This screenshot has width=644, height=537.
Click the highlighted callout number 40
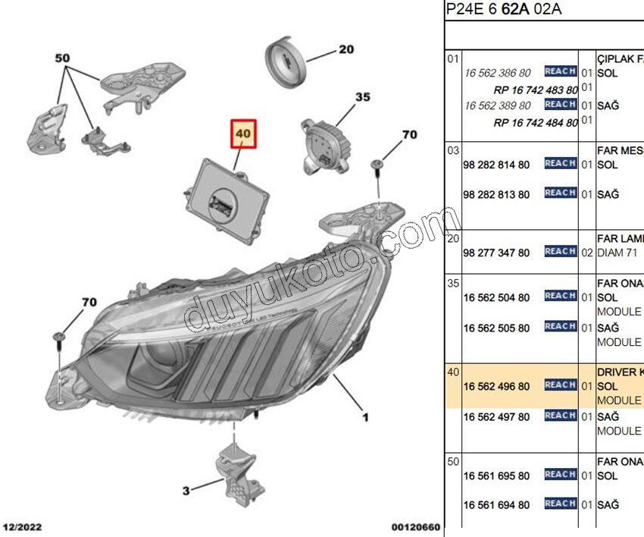pyautogui.click(x=244, y=133)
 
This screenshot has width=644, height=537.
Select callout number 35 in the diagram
pyautogui.click(x=363, y=97)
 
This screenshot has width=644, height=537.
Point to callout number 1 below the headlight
pyautogui.click(x=364, y=416)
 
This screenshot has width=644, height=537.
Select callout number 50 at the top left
pyautogui.click(x=62, y=58)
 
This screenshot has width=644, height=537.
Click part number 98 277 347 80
pyautogui.click(x=496, y=253)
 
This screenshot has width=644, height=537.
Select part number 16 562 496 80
pyautogui.click(x=496, y=386)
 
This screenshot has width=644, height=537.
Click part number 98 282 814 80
pyautogui.click(x=496, y=164)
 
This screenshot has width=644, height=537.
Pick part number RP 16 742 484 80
pyautogui.click(x=535, y=122)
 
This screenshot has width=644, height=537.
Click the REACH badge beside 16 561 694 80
pyautogui.click(x=561, y=504)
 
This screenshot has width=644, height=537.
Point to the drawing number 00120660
pyautogui.click(x=415, y=527)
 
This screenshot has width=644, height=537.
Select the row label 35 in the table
pyautogui.click(x=453, y=283)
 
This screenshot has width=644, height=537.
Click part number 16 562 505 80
pyautogui.click(x=496, y=328)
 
